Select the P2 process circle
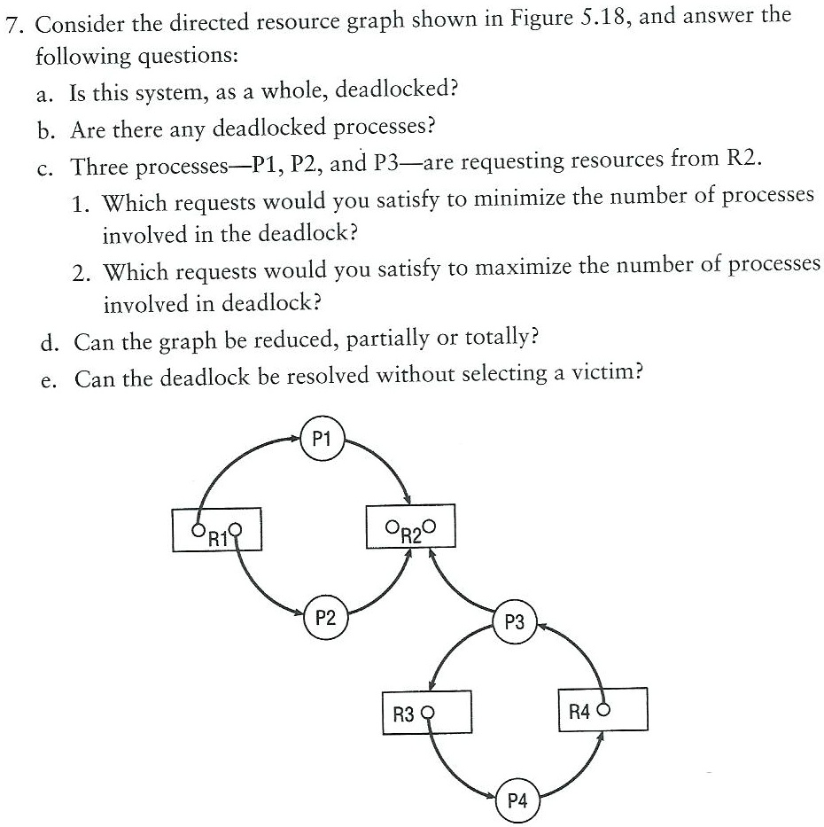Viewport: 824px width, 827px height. pos(325,618)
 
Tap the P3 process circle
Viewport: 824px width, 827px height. pos(515,622)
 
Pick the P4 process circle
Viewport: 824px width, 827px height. pos(517,801)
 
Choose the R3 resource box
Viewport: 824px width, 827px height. pos(425,711)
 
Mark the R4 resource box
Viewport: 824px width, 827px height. pos(602,709)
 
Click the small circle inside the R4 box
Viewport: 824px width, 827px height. pos(607,709)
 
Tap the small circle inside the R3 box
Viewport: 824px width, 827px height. pos(430,711)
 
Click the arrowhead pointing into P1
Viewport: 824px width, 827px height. pos(300,437)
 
